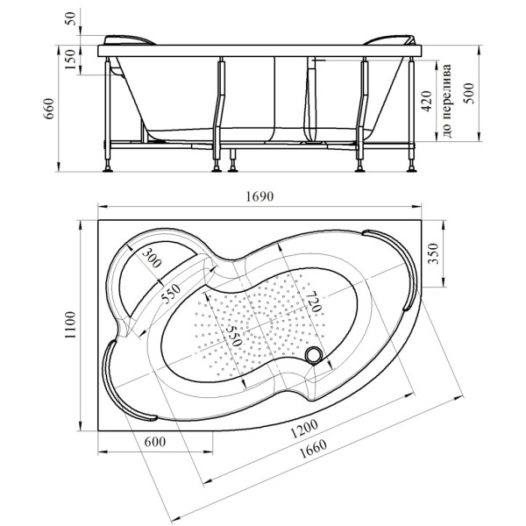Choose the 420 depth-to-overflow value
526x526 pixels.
click(x=427, y=103)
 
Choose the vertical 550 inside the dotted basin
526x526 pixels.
click(x=231, y=334)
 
